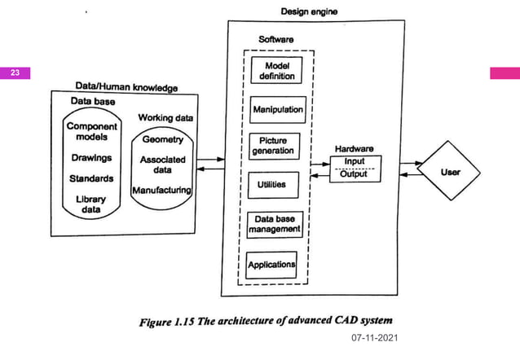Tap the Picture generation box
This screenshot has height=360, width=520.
click(273, 146)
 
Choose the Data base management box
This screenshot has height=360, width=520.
click(274, 224)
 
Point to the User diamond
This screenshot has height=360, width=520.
click(450, 173)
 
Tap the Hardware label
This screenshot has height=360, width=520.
click(354, 149)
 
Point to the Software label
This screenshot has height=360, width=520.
click(278, 39)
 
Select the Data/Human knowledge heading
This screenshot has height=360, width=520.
click(126, 86)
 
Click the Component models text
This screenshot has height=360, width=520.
click(91, 132)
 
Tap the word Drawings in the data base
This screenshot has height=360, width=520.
click(91, 157)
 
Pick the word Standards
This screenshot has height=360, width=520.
click(91, 178)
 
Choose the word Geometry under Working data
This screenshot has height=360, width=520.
click(162, 139)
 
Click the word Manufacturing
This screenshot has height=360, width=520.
click(162, 190)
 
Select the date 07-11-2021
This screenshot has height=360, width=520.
click(373, 336)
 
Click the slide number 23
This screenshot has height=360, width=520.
click(15, 73)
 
